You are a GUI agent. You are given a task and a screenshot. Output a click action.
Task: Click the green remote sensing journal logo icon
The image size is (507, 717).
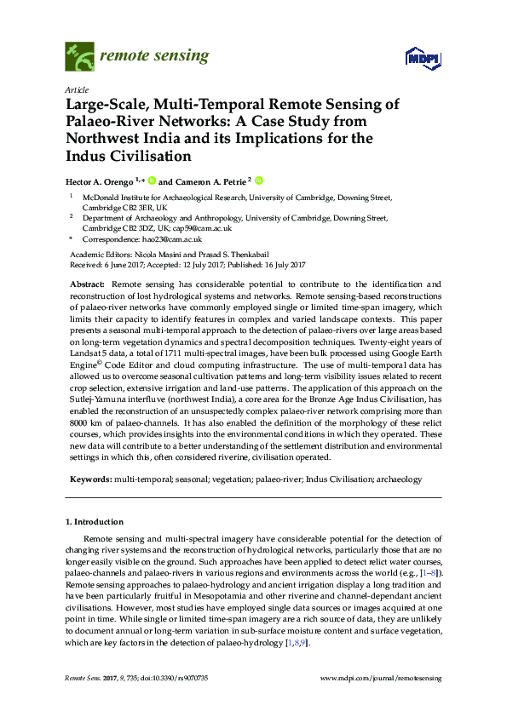78,57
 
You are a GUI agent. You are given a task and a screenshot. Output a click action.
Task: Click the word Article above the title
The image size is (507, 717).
76,89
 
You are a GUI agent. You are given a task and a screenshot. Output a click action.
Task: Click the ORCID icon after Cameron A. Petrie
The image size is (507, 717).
259,181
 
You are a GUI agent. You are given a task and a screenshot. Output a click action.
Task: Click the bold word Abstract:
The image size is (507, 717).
88,282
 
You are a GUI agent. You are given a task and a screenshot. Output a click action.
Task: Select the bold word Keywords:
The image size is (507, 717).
89,479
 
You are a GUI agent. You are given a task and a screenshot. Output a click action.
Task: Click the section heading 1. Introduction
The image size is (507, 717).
94,521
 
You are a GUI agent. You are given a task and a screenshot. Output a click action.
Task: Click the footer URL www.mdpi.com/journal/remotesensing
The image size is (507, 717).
380,677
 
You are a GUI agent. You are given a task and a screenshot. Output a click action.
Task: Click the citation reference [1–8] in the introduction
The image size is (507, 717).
431,576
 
